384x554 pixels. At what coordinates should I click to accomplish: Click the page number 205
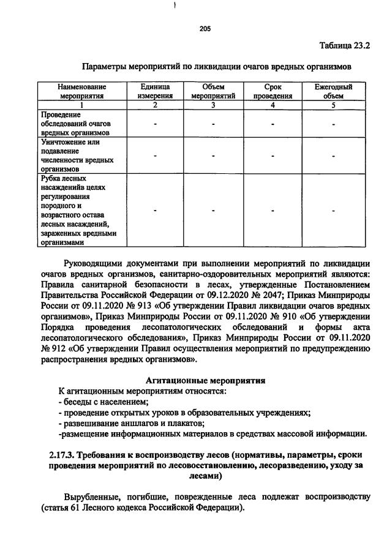coord(205,28)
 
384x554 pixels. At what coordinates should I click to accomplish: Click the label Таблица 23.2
coord(345,46)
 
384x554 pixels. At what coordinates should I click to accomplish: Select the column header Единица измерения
coord(154,91)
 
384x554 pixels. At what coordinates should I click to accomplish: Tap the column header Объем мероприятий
coord(213,91)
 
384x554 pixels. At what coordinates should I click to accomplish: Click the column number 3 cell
coord(213,105)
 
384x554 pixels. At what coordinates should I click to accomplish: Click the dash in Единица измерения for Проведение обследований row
coord(155,124)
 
